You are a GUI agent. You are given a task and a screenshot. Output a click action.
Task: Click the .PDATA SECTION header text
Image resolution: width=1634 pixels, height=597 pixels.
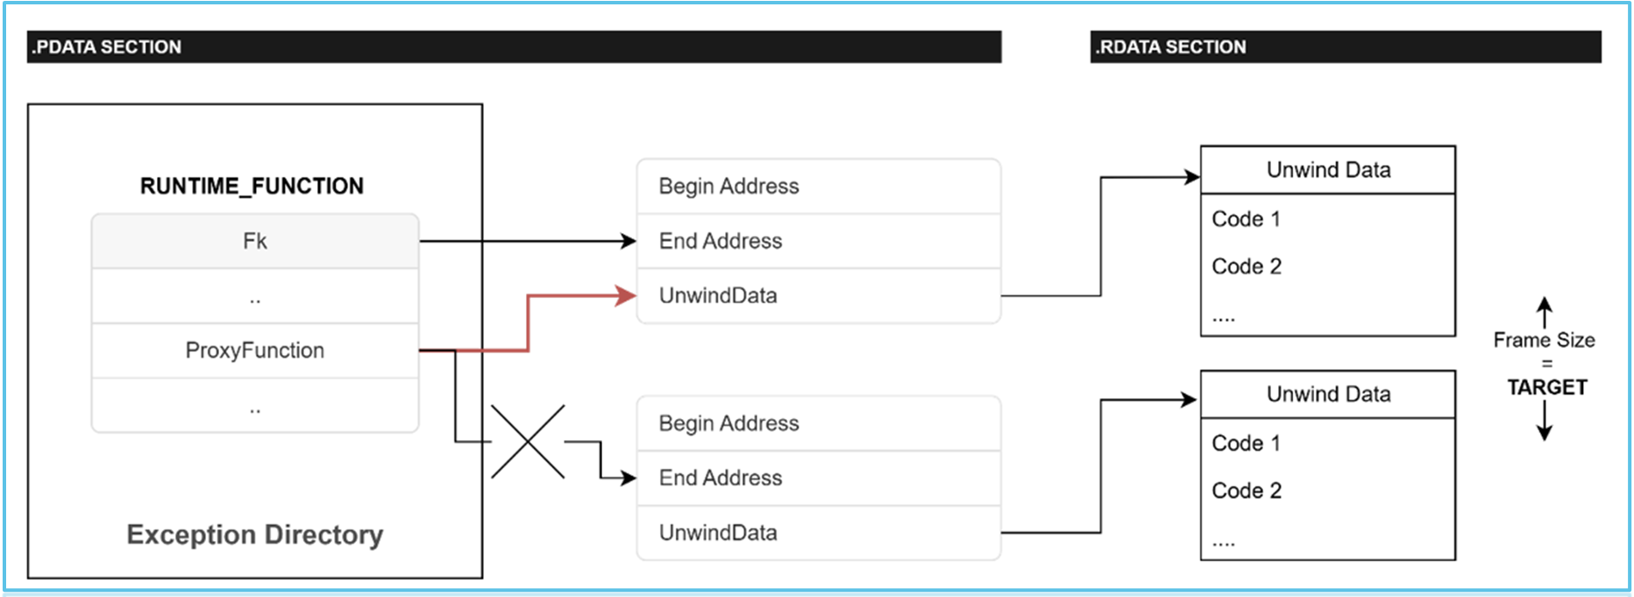point(106,47)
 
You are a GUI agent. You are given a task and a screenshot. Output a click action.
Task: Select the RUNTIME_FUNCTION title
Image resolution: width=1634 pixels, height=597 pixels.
point(252,186)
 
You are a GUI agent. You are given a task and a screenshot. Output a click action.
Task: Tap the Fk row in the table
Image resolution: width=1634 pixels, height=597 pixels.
point(254,241)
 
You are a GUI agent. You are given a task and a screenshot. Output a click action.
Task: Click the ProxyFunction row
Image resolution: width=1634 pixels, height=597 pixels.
point(254,351)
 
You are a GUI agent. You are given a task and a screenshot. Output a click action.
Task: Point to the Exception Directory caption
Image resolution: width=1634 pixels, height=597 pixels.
point(254,535)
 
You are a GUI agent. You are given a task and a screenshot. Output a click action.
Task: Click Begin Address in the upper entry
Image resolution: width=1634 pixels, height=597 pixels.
point(728,186)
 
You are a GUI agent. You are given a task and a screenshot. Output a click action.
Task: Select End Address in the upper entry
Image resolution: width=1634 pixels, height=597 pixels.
point(720,241)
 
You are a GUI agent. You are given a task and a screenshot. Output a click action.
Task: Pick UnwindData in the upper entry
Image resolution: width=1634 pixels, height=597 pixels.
point(717,295)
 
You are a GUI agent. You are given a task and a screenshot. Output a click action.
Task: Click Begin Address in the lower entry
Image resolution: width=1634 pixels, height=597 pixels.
point(728,423)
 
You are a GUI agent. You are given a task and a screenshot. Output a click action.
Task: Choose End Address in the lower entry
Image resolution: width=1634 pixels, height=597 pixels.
point(720,478)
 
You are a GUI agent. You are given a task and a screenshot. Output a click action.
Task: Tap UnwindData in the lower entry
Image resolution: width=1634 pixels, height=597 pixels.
point(717,533)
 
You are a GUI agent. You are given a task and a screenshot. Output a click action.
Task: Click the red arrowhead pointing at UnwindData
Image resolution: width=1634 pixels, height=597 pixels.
point(626,295)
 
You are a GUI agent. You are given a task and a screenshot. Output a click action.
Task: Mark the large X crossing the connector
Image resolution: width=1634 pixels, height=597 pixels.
point(528,442)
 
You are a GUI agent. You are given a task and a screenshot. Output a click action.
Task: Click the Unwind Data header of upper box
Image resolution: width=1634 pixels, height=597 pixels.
point(1327,170)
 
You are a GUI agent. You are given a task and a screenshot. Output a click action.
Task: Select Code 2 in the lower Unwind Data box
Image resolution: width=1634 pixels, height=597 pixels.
point(1246,491)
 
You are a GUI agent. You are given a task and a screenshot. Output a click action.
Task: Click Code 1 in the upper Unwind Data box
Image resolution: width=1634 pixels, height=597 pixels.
point(1246,219)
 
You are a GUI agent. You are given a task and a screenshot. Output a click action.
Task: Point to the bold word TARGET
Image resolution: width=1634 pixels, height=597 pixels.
point(1546,387)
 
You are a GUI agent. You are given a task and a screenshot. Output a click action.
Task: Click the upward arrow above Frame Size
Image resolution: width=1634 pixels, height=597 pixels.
point(1545,312)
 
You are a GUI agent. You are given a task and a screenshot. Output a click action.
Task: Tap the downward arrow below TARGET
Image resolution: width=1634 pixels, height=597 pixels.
point(1545,425)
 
